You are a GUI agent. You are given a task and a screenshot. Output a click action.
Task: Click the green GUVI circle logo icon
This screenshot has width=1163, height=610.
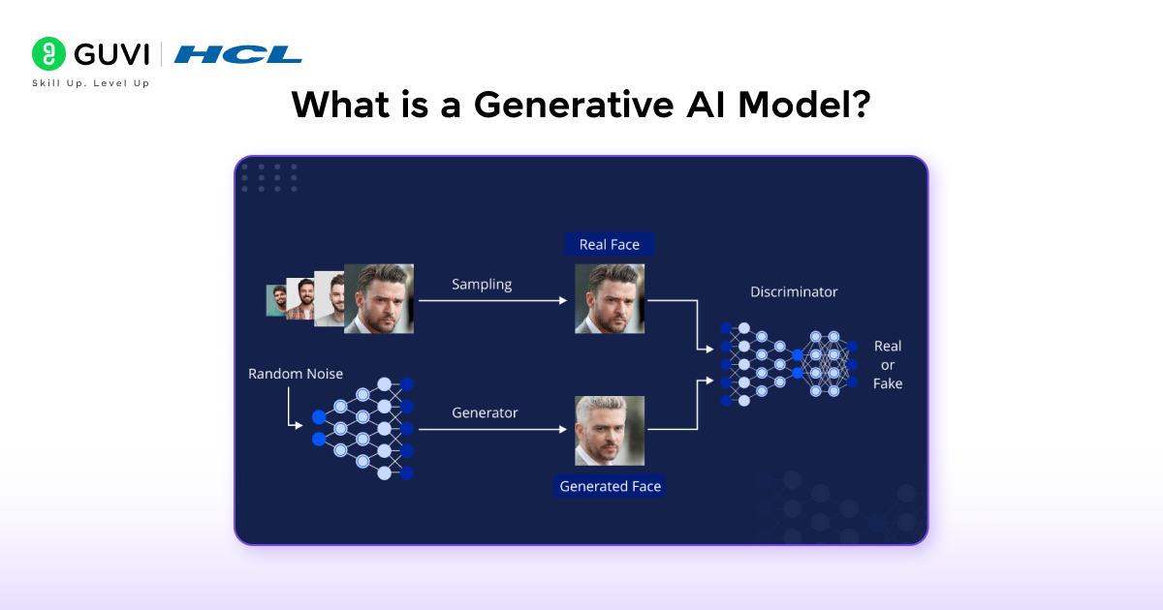click(48, 53)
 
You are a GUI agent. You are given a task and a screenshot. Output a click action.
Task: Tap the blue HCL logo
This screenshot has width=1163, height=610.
click(237, 54)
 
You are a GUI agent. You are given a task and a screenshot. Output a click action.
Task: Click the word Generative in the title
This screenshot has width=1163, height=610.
click(573, 105)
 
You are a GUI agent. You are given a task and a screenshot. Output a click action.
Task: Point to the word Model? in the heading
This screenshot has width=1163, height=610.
click(804, 105)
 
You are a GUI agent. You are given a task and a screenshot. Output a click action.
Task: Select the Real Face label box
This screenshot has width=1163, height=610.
click(610, 244)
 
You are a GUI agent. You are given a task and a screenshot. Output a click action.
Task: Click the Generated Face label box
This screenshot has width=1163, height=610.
click(610, 486)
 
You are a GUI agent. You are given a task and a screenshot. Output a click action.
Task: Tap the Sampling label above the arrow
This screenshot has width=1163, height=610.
click(482, 285)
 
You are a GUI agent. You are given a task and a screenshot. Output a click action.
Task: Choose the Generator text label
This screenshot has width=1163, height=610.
click(485, 412)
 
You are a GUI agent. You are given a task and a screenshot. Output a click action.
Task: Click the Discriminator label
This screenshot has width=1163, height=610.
click(794, 292)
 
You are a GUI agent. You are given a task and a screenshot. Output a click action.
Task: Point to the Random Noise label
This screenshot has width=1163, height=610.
click(296, 374)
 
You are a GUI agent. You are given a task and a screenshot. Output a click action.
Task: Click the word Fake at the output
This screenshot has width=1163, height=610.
click(888, 383)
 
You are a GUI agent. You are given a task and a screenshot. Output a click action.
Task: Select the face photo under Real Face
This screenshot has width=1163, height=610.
click(610, 299)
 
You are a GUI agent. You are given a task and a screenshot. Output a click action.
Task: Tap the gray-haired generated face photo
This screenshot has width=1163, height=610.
click(610, 431)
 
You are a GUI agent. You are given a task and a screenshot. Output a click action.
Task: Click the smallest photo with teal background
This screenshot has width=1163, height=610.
click(276, 300)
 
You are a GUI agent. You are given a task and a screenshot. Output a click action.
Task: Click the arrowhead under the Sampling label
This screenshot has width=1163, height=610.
click(563, 301)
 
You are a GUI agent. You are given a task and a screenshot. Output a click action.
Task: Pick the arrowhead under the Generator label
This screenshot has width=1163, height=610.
click(563, 430)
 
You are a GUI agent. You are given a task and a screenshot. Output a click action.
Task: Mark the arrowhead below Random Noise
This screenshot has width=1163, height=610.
click(299, 426)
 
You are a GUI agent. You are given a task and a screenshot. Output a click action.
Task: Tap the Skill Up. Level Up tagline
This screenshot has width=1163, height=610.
click(91, 83)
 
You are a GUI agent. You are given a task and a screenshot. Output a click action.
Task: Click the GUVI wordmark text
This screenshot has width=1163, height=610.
click(111, 54)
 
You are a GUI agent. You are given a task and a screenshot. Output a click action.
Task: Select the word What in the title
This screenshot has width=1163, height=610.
click(340, 105)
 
